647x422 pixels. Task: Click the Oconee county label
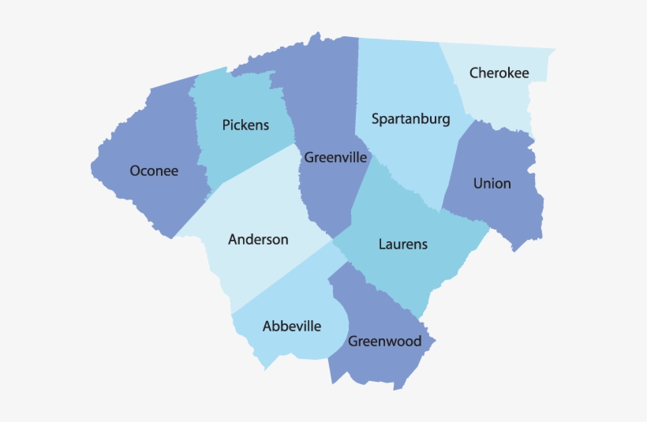154,170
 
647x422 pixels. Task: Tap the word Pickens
245,125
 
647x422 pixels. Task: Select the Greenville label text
335,158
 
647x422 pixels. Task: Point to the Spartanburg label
410,119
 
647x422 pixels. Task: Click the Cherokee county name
499,73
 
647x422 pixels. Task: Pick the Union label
492,184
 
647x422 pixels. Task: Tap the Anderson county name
258,239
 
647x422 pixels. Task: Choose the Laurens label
402,245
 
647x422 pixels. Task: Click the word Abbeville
292,326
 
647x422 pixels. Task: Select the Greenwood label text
384,342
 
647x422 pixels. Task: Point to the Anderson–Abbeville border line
284,276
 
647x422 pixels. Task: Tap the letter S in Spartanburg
376,119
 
